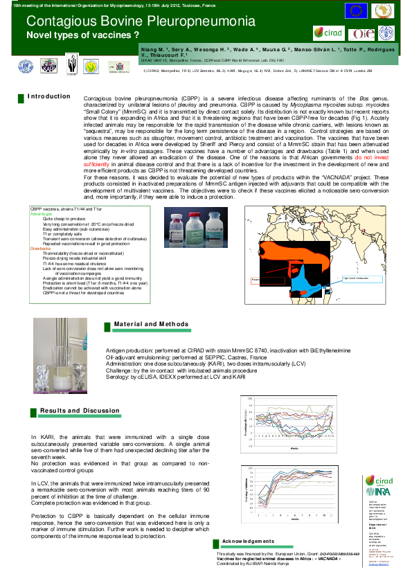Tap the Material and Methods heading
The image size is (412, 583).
pyautogui.click(x=150, y=324)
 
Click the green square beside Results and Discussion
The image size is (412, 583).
pyautogui.click(x=33, y=411)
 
